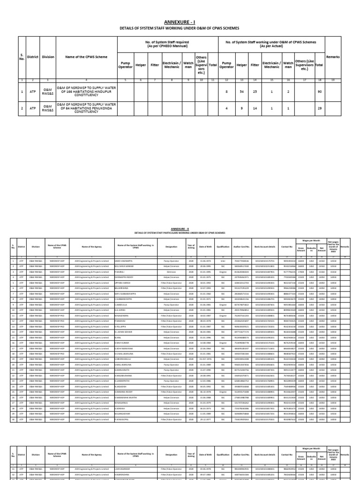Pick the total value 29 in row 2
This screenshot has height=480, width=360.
point(319,108)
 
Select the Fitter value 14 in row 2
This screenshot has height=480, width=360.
point(255,108)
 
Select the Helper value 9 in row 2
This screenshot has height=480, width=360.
point(242,108)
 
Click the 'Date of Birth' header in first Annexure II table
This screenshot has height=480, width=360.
point(205,246)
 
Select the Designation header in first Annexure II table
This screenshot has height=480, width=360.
point(171,246)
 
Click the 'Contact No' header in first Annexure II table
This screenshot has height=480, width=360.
point(287,246)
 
